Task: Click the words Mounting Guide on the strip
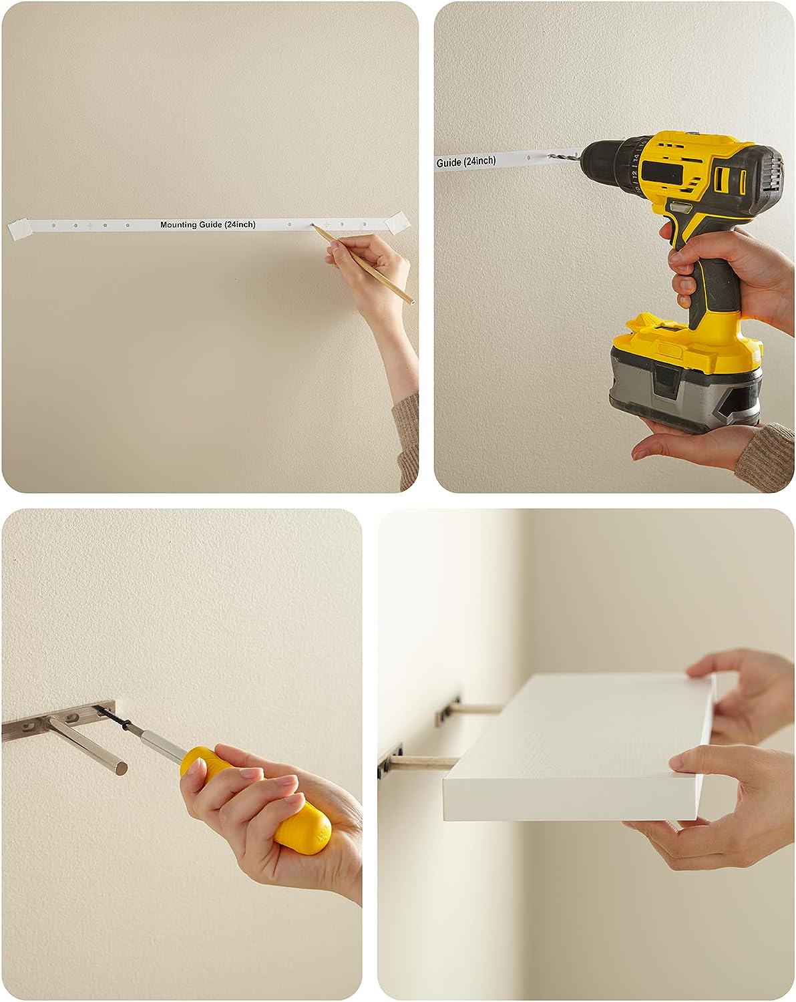191,224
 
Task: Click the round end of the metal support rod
121,768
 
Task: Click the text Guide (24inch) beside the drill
465,162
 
